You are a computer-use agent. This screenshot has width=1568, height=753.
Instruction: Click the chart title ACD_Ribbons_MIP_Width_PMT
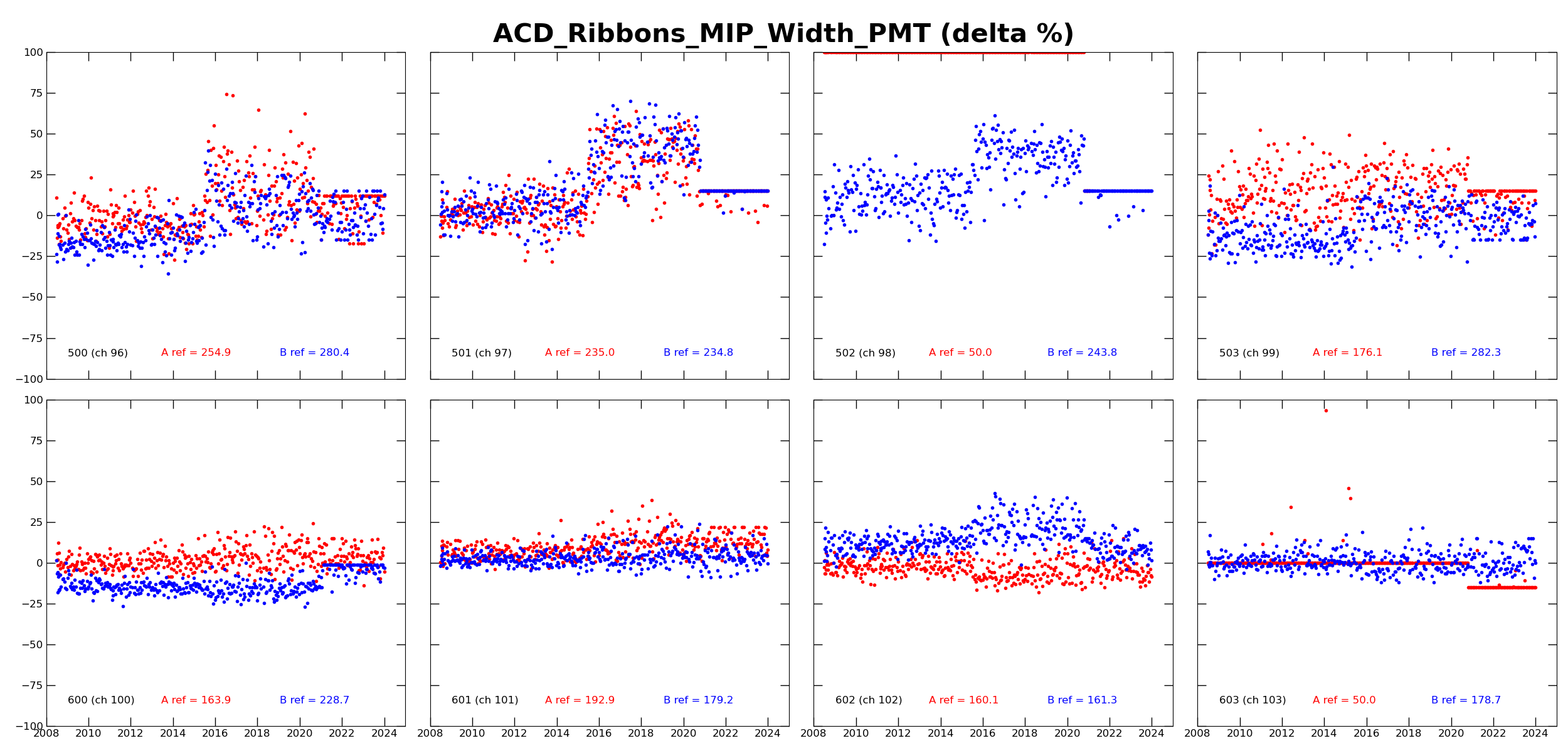783,33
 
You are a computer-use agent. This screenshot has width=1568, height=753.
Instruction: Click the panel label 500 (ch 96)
98,353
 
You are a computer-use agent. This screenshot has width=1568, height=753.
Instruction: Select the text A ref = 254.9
196,353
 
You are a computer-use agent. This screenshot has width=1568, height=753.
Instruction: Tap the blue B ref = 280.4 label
314,353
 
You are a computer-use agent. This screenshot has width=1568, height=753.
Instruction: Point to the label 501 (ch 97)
482,353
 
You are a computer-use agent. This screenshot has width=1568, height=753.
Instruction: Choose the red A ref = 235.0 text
580,353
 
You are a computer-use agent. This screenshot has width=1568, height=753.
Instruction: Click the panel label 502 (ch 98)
865,353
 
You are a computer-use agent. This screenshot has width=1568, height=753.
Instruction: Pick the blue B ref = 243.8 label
1082,353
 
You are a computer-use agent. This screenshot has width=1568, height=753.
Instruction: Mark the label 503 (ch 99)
1249,353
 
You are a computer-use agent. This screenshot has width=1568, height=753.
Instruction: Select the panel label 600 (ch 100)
101,700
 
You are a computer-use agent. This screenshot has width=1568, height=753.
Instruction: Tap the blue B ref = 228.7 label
314,700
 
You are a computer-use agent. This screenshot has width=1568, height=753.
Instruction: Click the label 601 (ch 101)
485,700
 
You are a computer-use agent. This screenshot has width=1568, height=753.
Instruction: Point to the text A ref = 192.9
580,700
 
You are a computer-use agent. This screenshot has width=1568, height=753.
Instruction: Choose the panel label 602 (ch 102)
869,700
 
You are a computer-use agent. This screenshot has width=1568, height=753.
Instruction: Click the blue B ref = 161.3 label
1082,700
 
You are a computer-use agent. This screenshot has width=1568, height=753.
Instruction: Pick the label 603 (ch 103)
1253,700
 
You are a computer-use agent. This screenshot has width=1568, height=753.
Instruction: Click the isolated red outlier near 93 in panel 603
1326,410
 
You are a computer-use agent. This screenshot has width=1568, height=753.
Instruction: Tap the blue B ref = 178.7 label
1466,700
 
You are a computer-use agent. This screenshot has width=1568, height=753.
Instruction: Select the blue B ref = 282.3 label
1466,353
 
